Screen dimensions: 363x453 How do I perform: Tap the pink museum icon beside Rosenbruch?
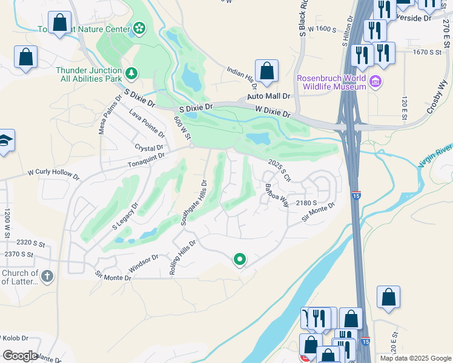(375, 81)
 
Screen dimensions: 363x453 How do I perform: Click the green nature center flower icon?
(140, 28)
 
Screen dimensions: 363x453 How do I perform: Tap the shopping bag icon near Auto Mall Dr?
(266, 71)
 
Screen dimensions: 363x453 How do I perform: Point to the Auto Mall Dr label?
(269, 96)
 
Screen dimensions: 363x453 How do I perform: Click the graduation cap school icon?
(5, 141)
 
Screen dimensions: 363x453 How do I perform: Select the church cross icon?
(47, 276)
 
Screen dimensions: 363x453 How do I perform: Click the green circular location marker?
(240, 260)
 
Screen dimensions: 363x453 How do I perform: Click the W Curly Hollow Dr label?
(53, 175)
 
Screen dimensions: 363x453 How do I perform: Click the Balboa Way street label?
(276, 195)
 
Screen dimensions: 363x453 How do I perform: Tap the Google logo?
(20, 356)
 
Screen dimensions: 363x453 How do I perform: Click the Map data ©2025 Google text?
(415, 358)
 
